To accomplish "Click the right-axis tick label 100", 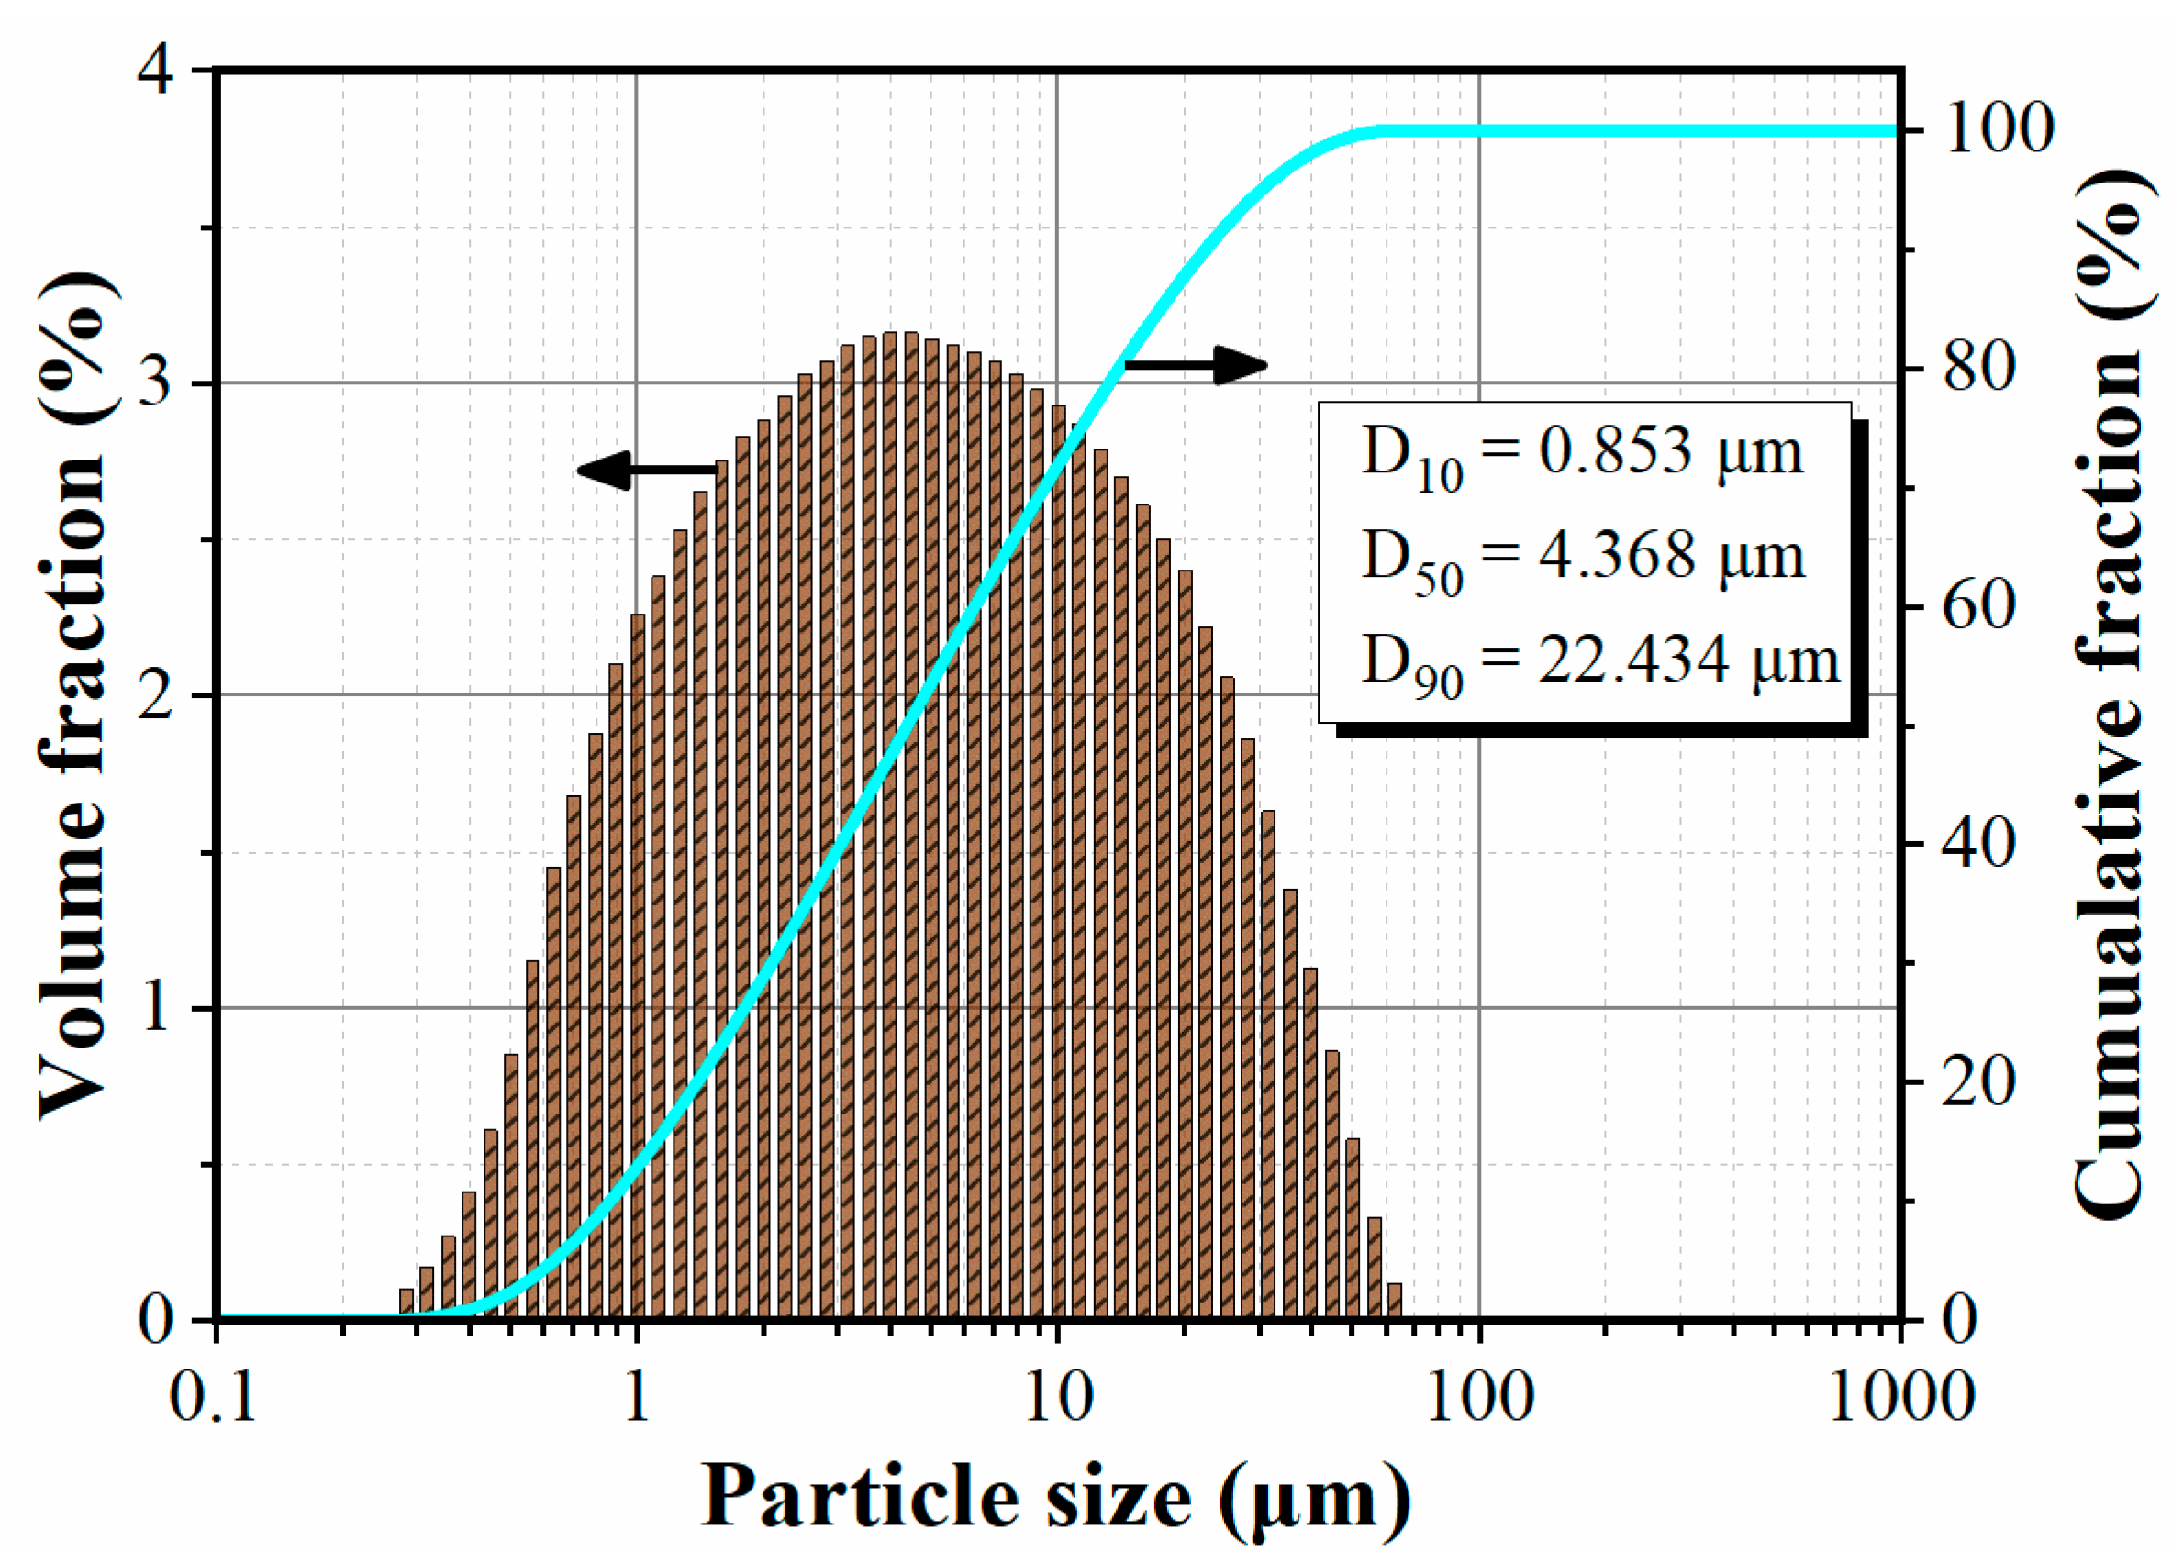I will (x=1999, y=129).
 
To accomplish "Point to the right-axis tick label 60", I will (x=1979, y=605).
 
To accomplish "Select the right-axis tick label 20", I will (x=1979, y=1081).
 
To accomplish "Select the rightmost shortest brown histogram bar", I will (x=1394, y=1301).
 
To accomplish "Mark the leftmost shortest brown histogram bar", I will (x=407, y=1303).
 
